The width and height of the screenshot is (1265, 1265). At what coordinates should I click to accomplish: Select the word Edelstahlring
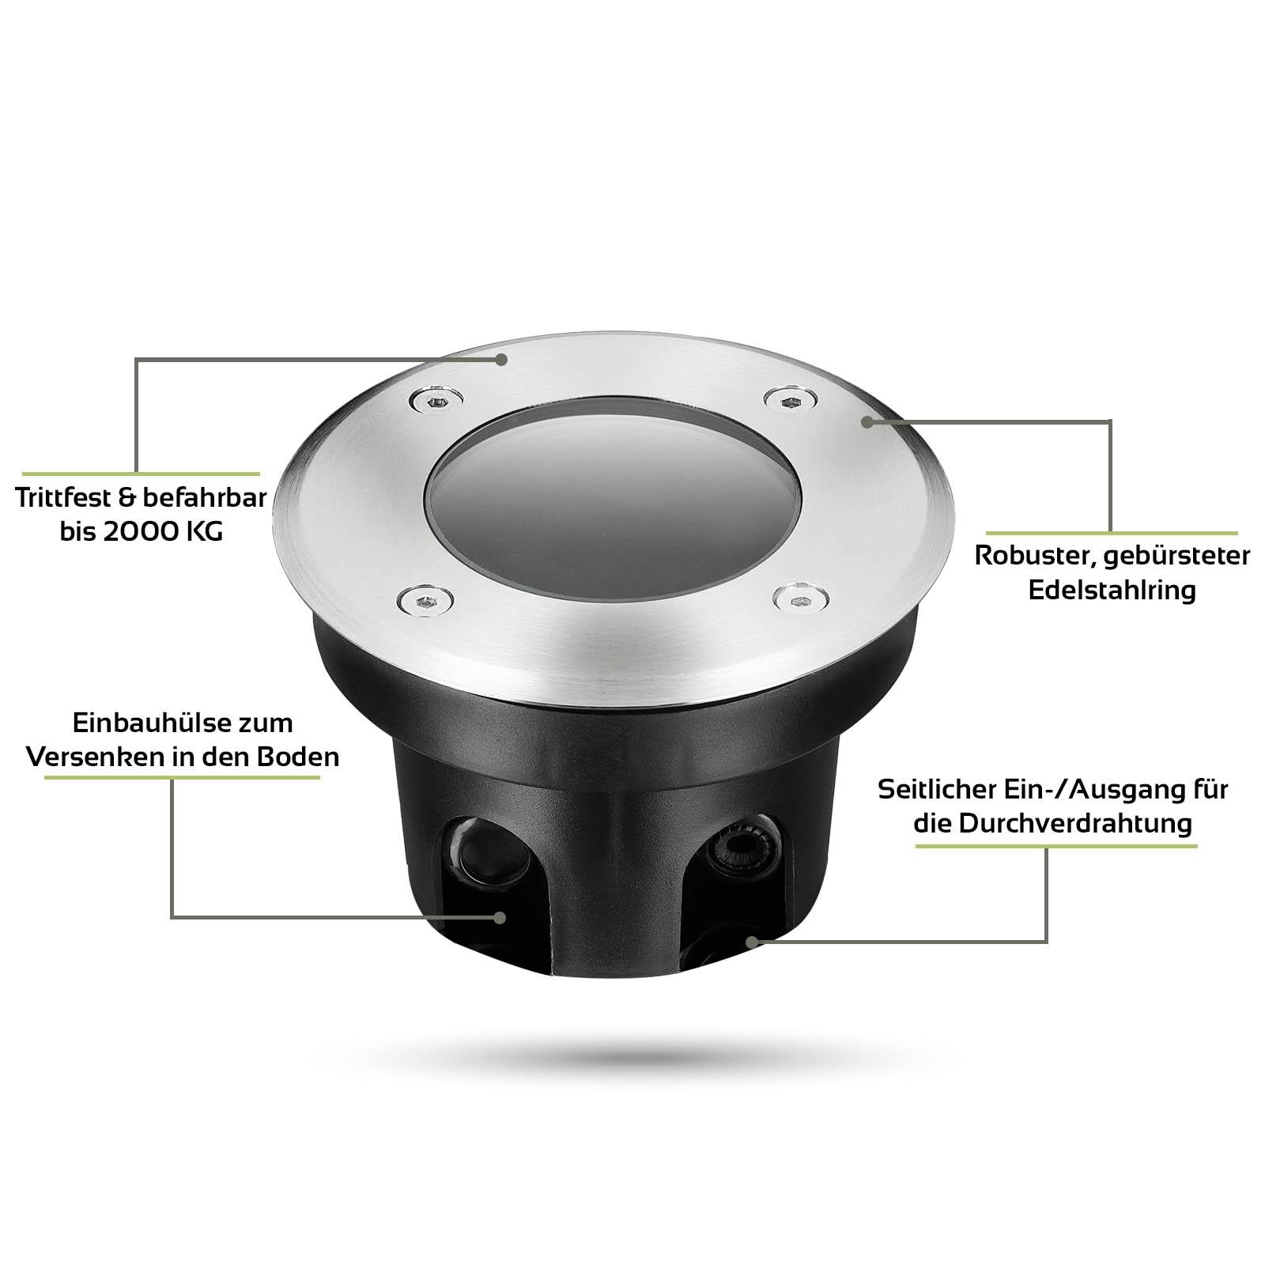[x=1112, y=591]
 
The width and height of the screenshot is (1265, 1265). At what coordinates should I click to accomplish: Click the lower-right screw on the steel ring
[x=798, y=599]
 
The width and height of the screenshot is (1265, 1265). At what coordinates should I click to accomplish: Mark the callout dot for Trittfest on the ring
[x=501, y=360]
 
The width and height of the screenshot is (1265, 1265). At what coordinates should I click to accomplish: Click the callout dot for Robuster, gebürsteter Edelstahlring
[x=867, y=423]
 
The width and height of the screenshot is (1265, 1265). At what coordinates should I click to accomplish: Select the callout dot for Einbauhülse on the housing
[x=499, y=917]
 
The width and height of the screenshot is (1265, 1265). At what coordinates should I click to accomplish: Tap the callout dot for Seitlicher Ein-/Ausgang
[x=751, y=941]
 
